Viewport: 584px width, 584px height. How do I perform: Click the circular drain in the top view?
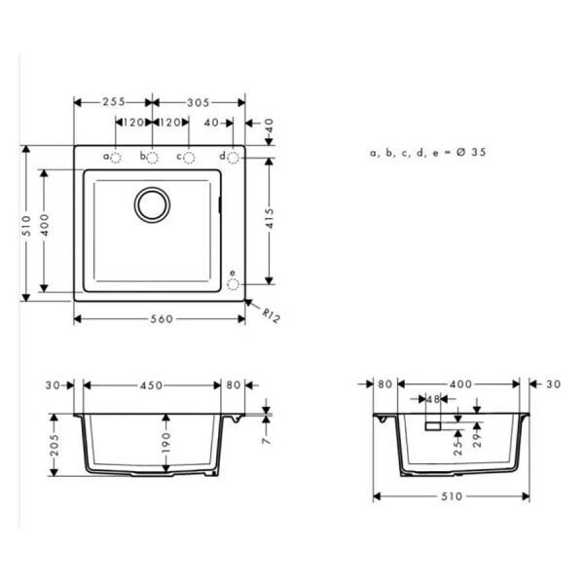(152, 204)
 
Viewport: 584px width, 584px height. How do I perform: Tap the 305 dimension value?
(199, 101)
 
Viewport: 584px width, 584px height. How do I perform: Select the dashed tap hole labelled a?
(115, 157)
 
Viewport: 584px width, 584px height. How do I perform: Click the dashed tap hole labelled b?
(152, 157)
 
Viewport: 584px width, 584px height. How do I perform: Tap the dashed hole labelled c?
(189, 157)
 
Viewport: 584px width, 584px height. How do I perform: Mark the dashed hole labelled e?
(233, 284)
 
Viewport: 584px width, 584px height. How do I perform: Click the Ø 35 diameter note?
(428, 153)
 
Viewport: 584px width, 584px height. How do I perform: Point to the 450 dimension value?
(151, 384)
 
